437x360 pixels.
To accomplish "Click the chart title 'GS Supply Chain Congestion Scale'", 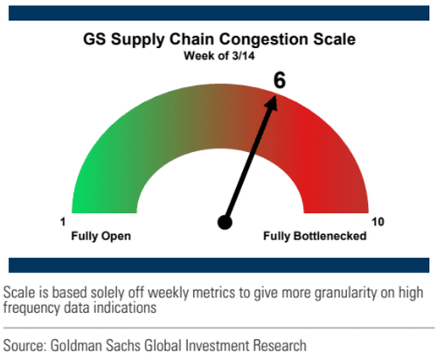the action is pos(219,39).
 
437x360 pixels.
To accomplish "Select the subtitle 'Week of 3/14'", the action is pos(219,56).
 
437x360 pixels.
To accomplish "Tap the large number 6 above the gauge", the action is pos(280,80).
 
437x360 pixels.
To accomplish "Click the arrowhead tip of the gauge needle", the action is pos(275,94).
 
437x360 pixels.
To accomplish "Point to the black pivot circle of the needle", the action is pos(225,223).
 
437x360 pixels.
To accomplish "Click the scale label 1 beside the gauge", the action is pos(63,222).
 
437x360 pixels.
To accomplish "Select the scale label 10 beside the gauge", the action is pos(378,222).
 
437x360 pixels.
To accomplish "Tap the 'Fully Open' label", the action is pos(101,236).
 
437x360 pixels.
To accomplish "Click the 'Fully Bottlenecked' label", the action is pos(315,236).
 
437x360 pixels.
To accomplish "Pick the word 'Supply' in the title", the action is pos(137,40).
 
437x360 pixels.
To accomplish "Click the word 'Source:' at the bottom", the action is pos(24,345).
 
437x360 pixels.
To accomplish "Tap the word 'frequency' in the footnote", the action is pos(31,308).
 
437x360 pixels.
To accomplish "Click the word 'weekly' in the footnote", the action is pos(169,293).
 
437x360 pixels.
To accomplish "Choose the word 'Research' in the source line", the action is pos(280,345).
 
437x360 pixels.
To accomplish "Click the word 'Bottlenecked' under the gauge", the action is pos(329,236).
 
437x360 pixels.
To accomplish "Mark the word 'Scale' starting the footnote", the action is pos(19,293).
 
